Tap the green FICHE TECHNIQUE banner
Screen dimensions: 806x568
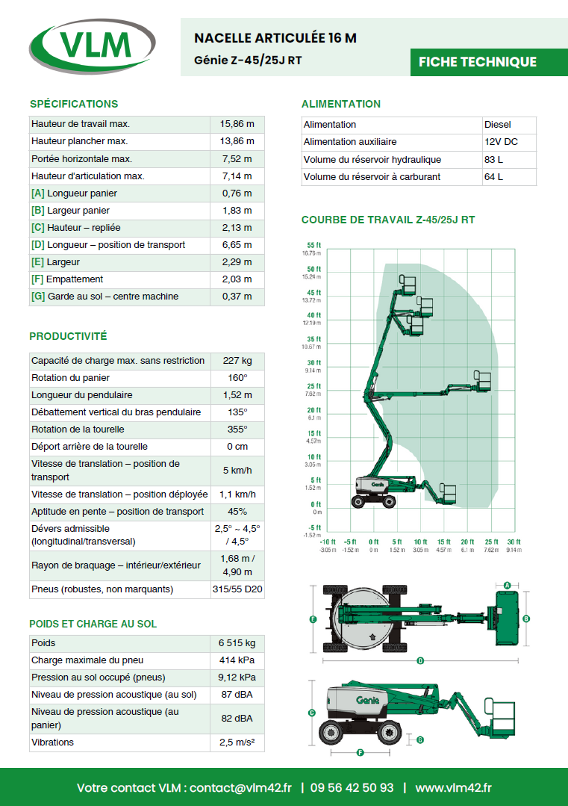pyautogui.click(x=478, y=62)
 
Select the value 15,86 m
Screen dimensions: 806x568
pyautogui.click(x=237, y=124)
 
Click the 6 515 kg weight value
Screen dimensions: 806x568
pyautogui.click(x=237, y=643)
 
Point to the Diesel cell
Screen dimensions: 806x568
pyautogui.click(x=498, y=125)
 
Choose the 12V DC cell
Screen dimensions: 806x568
pyautogui.click(x=501, y=142)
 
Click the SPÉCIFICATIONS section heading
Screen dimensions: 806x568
pyautogui.click(x=74, y=104)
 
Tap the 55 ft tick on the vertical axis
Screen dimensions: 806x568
pyautogui.click(x=313, y=246)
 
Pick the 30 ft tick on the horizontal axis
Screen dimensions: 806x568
pyautogui.click(x=514, y=542)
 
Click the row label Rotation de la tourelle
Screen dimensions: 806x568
pyautogui.click(x=78, y=430)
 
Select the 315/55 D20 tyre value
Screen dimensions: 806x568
pyautogui.click(x=237, y=589)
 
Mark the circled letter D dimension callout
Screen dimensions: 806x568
pyautogui.click(x=421, y=660)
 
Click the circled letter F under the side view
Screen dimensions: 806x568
pyautogui.click(x=360, y=753)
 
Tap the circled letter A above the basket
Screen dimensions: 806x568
pyautogui.click(x=507, y=585)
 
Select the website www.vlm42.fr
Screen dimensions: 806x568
pyautogui.click(x=453, y=787)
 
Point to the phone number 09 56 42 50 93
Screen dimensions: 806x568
pyautogui.click(x=352, y=787)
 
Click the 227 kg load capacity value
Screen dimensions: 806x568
pyautogui.click(x=237, y=361)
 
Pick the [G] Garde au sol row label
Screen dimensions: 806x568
pyautogui.click(x=104, y=297)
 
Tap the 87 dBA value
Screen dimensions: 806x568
pyautogui.click(x=237, y=695)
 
